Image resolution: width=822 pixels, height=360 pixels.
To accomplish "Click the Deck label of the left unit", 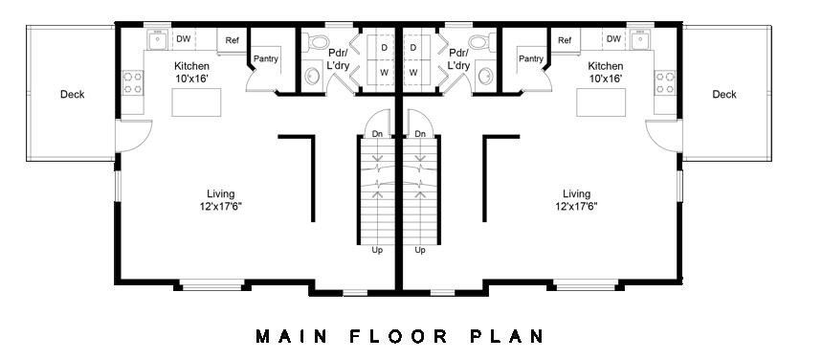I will [x=72, y=94].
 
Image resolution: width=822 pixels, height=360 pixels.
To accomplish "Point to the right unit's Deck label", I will [x=724, y=94].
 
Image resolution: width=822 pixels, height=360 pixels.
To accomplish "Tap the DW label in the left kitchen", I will [x=183, y=39].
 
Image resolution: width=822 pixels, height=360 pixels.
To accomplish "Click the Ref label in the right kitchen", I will [x=565, y=39].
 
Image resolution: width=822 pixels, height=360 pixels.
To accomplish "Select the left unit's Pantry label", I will [x=266, y=59].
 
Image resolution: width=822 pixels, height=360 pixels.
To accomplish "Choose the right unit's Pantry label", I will [x=531, y=59].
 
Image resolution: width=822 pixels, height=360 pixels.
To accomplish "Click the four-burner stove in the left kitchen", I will [x=134, y=82].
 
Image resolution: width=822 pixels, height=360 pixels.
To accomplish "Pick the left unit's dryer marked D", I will [x=384, y=47].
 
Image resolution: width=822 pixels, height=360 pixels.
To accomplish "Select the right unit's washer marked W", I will [x=413, y=72].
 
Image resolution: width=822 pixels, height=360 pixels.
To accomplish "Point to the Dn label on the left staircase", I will [x=378, y=134].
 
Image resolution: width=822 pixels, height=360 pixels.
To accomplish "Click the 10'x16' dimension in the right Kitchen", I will [x=605, y=79].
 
